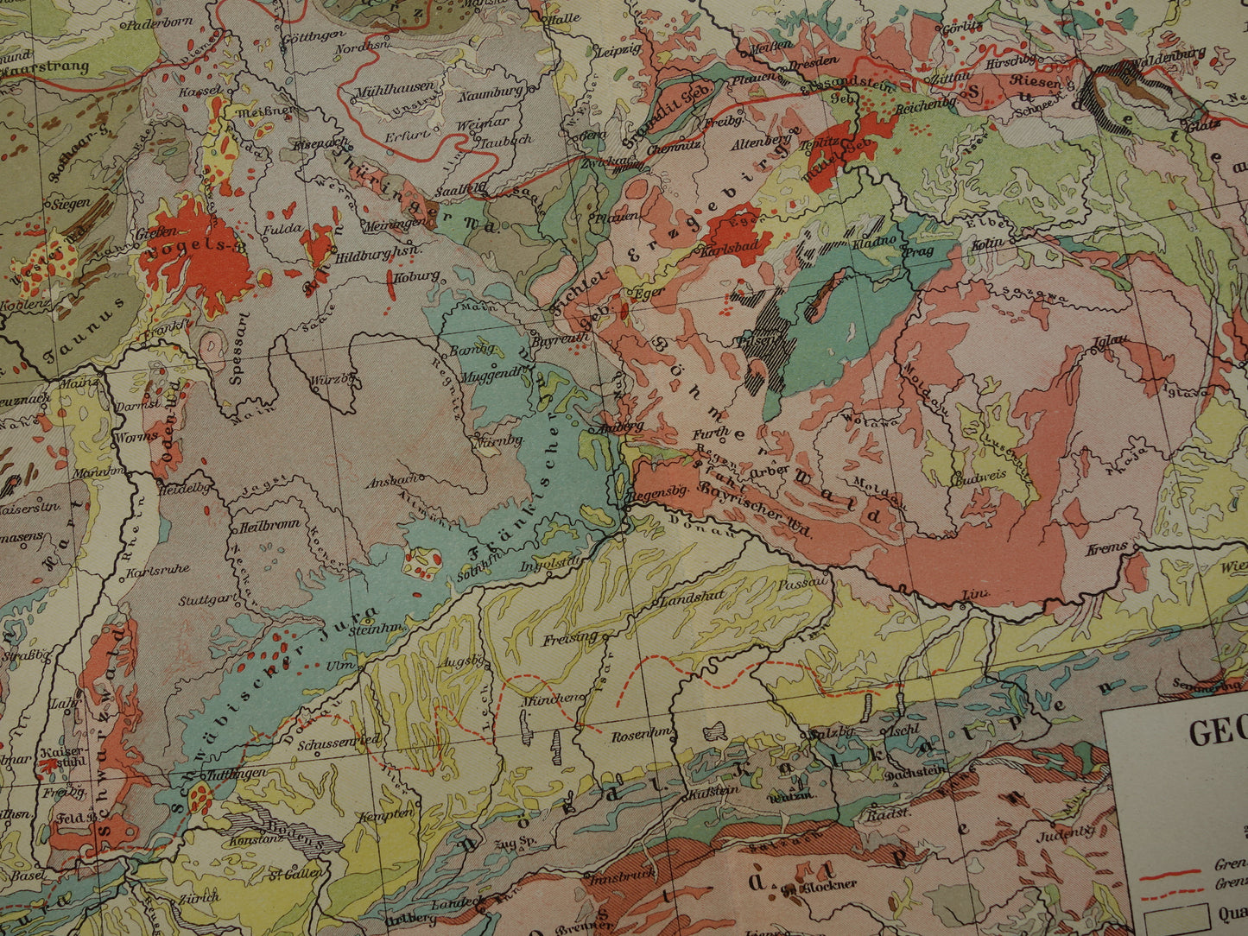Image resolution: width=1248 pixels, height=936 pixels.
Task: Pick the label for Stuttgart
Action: pos(204,598)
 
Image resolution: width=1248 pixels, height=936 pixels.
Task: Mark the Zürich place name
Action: pos(199,897)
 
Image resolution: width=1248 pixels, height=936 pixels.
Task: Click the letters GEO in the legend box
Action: pos(1217,733)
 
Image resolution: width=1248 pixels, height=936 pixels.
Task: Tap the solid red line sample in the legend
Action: pos(1169,872)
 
